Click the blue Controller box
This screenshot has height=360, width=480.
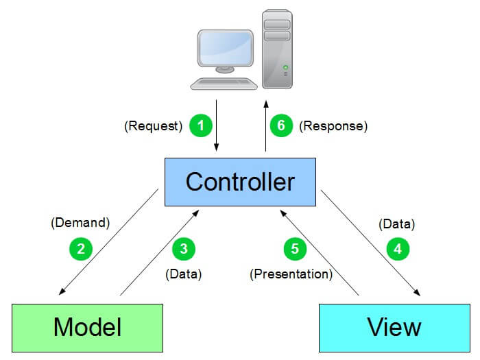click(240, 182)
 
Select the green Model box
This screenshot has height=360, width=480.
click(87, 327)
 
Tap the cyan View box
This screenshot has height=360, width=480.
click(394, 327)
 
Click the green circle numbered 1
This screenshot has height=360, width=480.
click(200, 126)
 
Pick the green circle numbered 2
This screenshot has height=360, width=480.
click(81, 248)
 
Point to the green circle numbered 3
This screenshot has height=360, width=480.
click(183, 248)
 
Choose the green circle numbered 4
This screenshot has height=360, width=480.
click(398, 248)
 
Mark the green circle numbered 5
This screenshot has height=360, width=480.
click(295, 248)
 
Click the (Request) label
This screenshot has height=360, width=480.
click(153, 126)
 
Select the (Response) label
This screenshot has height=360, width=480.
click(333, 126)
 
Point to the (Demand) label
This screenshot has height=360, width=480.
click(80, 222)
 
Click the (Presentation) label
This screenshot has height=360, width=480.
click(291, 274)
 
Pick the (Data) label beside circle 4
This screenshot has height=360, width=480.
click(397, 224)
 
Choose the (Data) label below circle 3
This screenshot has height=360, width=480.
click(183, 274)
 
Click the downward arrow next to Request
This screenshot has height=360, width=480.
click(217, 126)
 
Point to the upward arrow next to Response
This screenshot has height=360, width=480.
click(266, 126)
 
